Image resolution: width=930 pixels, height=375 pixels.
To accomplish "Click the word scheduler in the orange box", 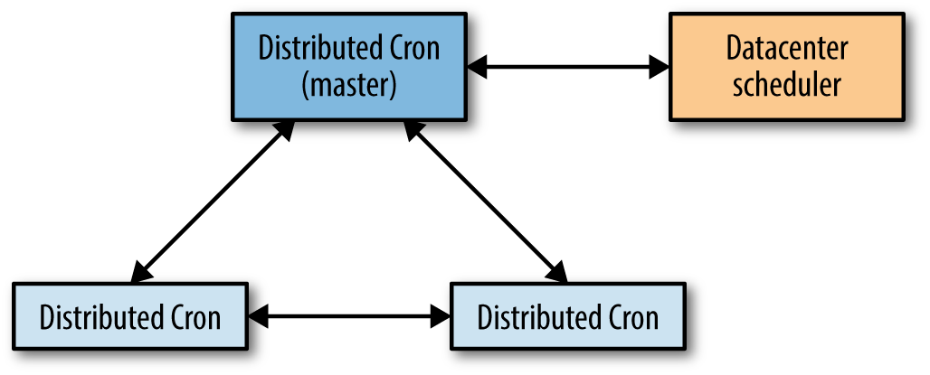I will click(x=786, y=86).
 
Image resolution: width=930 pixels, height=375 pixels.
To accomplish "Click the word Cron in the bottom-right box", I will click(x=629, y=318).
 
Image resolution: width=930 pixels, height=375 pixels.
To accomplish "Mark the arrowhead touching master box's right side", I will click(x=476, y=66).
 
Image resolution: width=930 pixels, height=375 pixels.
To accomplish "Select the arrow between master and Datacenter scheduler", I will click(x=567, y=66).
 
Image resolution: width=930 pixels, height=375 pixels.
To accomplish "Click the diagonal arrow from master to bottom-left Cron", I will click(x=213, y=201).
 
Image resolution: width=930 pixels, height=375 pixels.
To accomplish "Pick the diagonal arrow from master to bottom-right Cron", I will click(x=486, y=201).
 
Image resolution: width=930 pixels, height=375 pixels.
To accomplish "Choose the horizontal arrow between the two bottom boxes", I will click(x=348, y=316).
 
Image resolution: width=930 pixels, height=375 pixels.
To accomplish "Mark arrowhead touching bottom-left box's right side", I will click(x=257, y=316).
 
